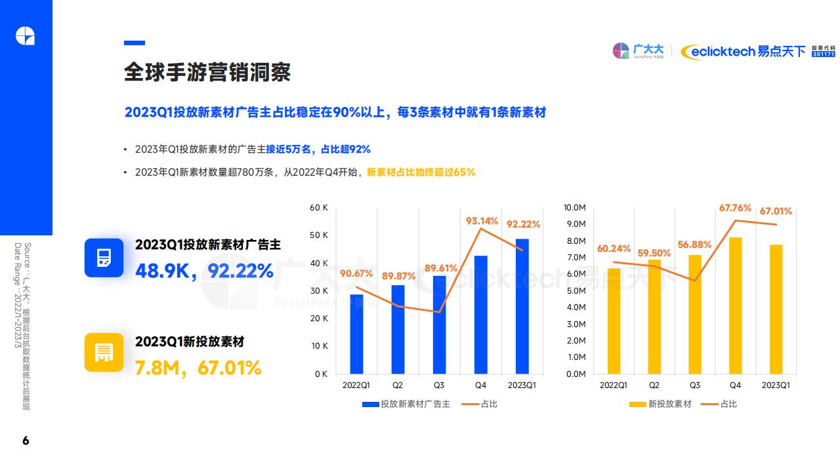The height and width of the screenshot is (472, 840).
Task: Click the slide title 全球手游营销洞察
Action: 207,72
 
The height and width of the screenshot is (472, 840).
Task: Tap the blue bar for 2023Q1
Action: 522,306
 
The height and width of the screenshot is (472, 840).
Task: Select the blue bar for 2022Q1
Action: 356,334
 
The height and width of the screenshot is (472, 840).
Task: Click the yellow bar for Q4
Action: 736,305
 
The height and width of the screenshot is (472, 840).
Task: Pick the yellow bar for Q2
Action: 654,317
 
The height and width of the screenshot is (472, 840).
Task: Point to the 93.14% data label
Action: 482,221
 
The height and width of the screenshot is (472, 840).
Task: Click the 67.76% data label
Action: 735,208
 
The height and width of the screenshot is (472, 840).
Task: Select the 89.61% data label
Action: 440,267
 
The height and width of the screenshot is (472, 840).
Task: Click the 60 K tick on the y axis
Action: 319,208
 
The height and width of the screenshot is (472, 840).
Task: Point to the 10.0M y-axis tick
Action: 574,208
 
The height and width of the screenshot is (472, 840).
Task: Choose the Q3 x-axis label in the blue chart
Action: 439,385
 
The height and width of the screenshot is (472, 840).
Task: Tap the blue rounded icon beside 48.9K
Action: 104,258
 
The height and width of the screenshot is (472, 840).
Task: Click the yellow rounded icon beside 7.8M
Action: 104,352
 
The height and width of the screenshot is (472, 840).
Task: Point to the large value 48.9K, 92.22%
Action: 204,270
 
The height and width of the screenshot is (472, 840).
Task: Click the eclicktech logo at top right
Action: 743,51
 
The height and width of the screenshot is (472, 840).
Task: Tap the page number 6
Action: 26,441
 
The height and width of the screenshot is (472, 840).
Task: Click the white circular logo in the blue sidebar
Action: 26,36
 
